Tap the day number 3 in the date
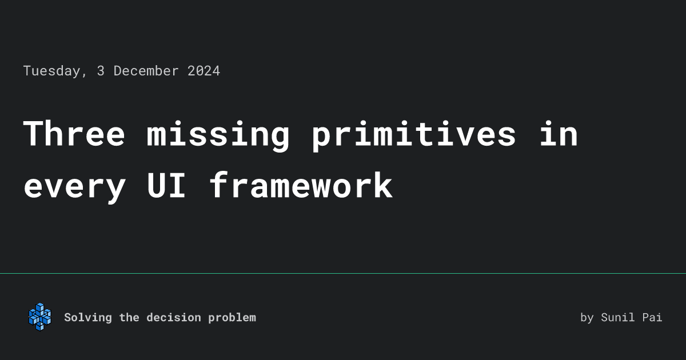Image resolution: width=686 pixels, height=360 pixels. (x=101, y=71)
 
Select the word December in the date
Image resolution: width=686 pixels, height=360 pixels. (x=146, y=71)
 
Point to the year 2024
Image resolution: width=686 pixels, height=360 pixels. (x=204, y=71)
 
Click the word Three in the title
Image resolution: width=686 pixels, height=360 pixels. (x=74, y=134)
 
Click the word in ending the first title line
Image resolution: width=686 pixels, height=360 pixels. (x=559, y=134)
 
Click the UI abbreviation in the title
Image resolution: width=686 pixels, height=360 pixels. (x=166, y=186)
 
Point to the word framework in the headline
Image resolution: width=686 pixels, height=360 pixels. (x=301, y=186)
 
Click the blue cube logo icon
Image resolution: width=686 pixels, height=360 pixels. (x=39, y=317)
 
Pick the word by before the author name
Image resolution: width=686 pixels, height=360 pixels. (x=587, y=318)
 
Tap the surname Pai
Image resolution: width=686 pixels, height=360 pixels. (x=652, y=318)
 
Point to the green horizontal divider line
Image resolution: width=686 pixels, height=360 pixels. (x=343, y=274)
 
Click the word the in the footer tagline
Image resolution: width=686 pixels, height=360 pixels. (x=129, y=318)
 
